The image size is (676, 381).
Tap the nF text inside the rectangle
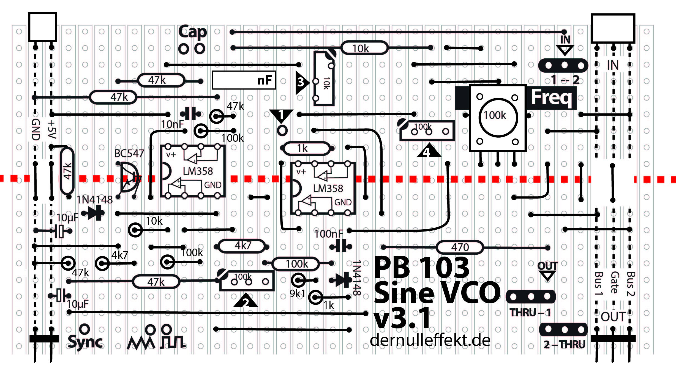pos(264,80)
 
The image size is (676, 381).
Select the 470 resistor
pos(460,247)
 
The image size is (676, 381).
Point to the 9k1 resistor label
pos(297,294)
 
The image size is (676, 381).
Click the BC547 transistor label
pos(129,153)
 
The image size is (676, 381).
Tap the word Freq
pos(551,97)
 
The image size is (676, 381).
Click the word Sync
pos(85,342)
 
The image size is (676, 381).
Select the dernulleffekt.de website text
pos(430,341)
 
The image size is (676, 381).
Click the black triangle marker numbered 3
pos(301,82)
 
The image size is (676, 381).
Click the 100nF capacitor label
pos(329,234)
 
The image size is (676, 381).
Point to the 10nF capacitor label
pos(172,124)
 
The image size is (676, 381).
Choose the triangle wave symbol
pos(141,343)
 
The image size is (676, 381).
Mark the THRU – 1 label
pos(530,312)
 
